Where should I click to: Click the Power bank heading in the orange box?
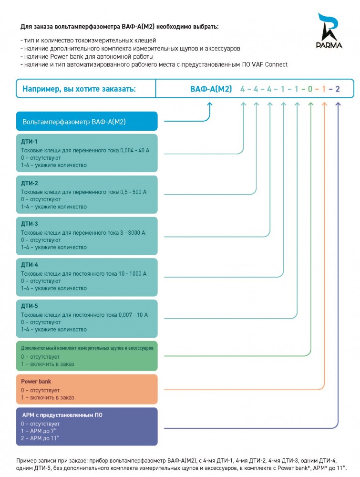pos(36,382)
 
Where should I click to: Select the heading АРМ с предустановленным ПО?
pos(62,415)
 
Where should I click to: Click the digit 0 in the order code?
pos(310,89)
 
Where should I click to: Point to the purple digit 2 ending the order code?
pos(338,89)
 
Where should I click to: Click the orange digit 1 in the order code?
pos(324,89)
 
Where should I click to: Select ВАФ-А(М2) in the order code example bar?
pos(211,89)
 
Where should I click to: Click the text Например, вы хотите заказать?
pos(79,89)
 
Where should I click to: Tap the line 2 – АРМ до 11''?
pos(40,438)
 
